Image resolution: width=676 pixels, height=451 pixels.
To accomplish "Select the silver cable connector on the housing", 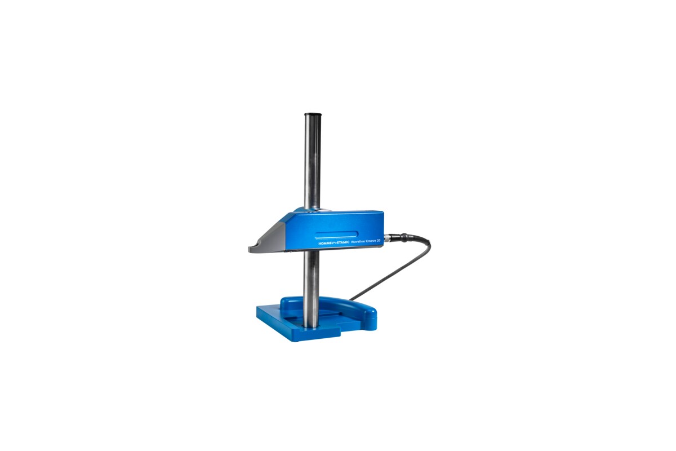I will (x=388, y=237).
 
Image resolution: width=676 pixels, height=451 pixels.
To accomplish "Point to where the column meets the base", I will (x=310, y=325).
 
